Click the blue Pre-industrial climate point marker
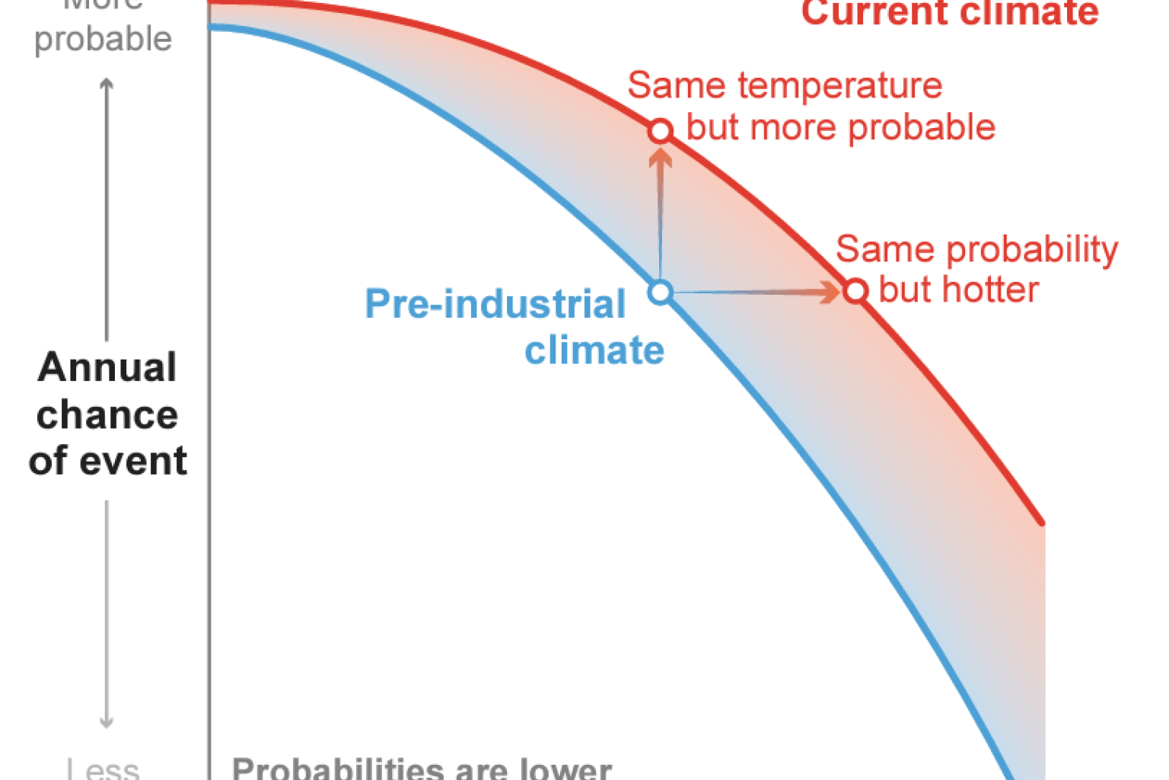click(661, 292)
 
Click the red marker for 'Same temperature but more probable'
click(661, 131)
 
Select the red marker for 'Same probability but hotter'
click(855, 291)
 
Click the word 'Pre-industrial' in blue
click(495, 304)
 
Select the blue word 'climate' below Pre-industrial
click(594, 350)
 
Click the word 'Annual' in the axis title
click(107, 367)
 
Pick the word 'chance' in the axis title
click(107, 415)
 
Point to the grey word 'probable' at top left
click(104, 40)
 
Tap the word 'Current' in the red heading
click(874, 12)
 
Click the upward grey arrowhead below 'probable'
click(107, 85)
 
